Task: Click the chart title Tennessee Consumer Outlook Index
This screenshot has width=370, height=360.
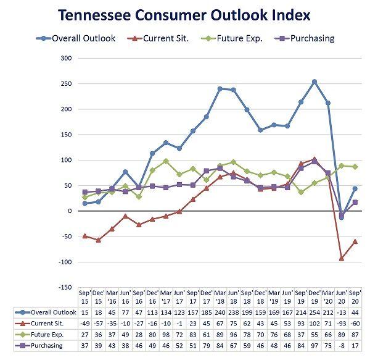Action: tap(186, 15)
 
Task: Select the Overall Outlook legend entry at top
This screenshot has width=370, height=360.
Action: tap(77, 38)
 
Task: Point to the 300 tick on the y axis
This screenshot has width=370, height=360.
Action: tap(65, 59)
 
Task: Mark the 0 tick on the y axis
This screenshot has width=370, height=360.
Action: tap(69, 211)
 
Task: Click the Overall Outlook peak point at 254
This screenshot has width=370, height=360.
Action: tap(314, 82)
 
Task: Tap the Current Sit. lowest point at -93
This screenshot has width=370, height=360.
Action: tap(341, 258)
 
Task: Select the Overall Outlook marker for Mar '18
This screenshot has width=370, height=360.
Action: tap(220, 89)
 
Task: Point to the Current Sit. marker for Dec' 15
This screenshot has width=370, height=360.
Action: tap(98, 240)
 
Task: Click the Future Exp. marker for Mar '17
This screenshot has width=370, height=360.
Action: tap(166, 161)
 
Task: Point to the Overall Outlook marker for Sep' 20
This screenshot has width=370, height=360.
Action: tap(355, 189)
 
